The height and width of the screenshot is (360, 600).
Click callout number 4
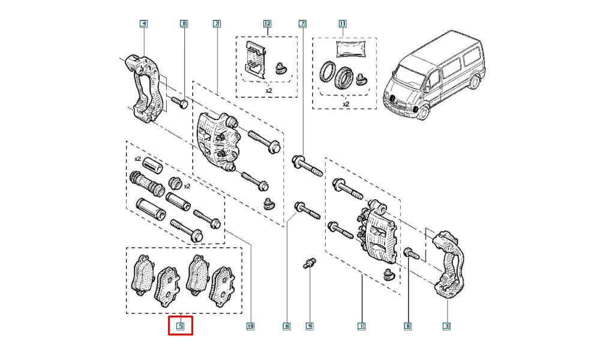143,24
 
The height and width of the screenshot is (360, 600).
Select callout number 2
217,24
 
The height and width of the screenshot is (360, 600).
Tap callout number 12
267,24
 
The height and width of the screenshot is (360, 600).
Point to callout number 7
302,24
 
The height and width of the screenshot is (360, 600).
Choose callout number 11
343,24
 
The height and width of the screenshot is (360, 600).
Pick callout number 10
250,326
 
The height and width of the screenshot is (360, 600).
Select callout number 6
286,326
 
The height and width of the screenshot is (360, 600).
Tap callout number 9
309,326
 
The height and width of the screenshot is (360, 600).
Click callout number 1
361,326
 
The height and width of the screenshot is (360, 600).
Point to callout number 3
447,326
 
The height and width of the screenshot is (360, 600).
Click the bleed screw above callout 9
308,263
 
